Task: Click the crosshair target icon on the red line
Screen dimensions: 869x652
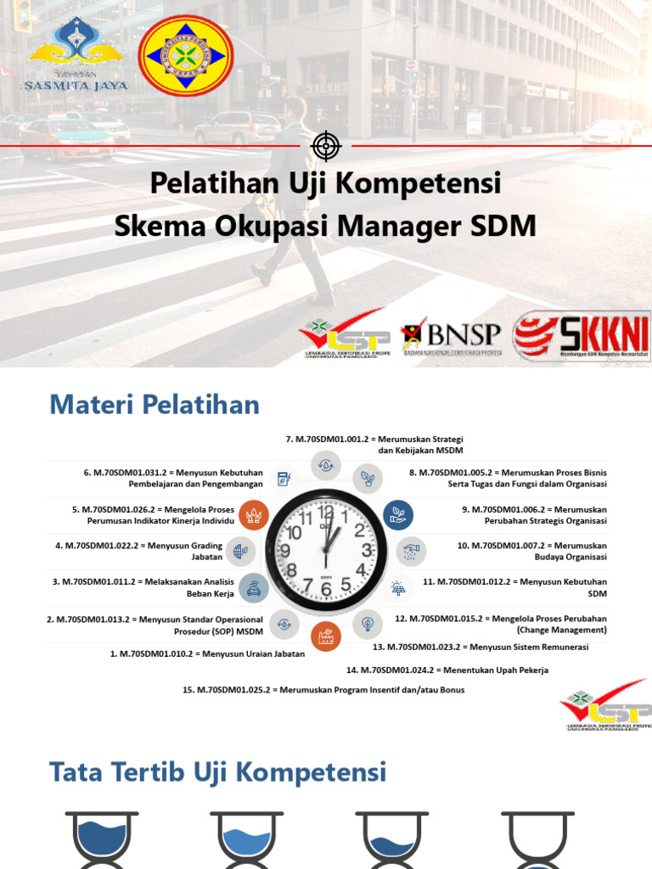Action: point(325,146)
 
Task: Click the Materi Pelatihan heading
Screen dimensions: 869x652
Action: point(155,405)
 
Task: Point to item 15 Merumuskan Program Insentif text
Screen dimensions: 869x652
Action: point(323,690)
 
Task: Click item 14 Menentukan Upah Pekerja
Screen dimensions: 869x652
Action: point(447,670)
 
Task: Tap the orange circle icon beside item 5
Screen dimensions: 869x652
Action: point(254,514)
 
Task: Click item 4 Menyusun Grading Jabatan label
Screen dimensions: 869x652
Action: point(138,551)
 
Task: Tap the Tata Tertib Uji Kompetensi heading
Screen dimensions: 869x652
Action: point(218,772)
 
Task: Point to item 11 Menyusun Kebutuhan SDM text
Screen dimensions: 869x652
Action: point(514,587)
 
